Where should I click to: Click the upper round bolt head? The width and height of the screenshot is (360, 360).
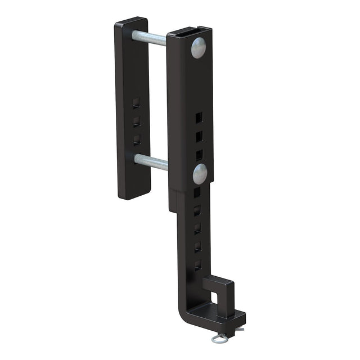(x=199, y=48)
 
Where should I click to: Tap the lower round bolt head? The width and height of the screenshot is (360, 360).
(x=200, y=174)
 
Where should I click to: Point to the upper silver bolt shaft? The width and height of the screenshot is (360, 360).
(x=150, y=38)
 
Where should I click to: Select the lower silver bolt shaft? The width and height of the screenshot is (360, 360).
(x=151, y=162)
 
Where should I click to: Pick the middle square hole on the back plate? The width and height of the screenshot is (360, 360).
(x=136, y=120)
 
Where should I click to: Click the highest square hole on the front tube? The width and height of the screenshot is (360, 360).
(x=199, y=117)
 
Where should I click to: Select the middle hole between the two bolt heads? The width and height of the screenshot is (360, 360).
(x=199, y=136)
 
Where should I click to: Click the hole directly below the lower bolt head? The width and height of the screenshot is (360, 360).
(x=197, y=192)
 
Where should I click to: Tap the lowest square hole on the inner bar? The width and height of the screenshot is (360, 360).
(x=197, y=263)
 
